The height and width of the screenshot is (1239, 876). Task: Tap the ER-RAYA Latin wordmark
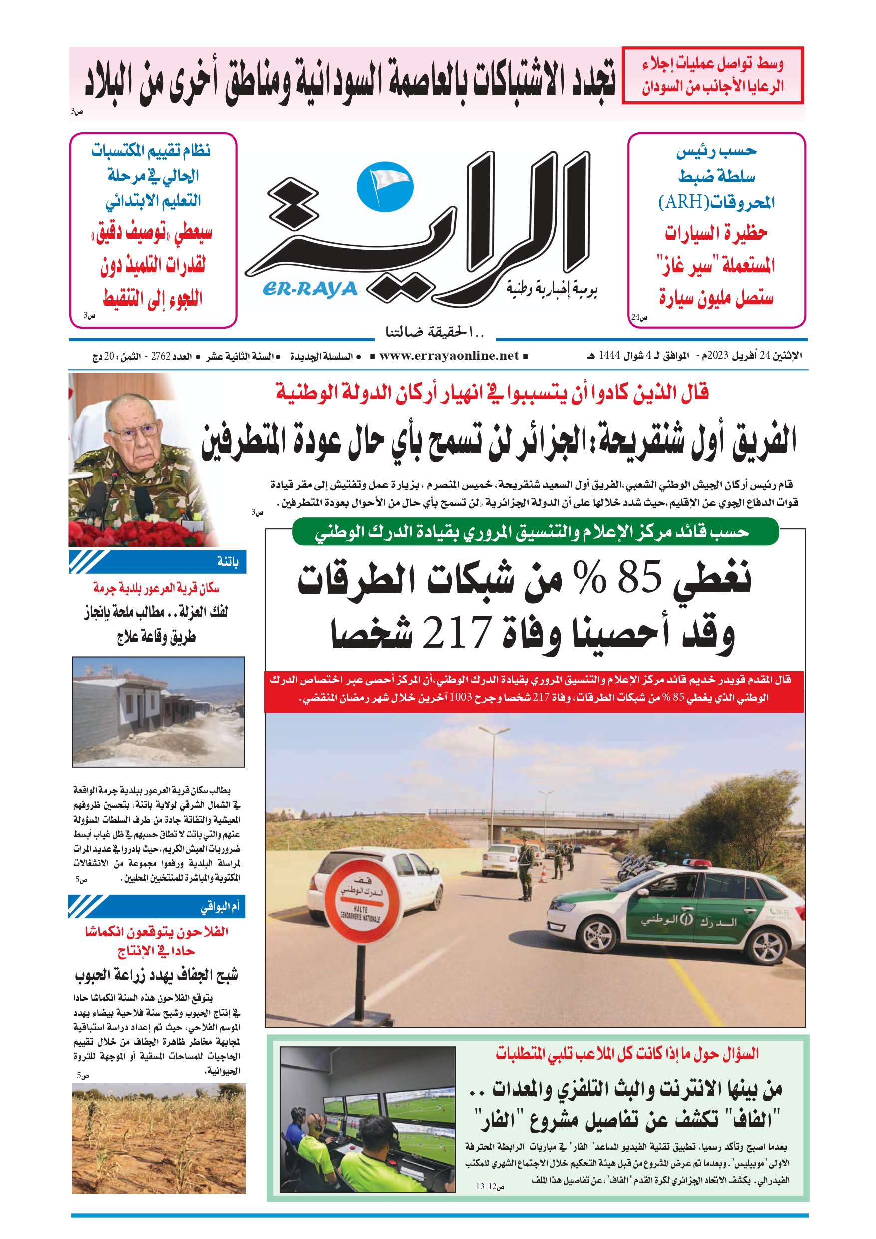point(310,289)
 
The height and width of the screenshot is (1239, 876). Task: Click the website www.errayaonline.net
point(449,356)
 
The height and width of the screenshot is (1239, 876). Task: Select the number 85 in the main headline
point(639,577)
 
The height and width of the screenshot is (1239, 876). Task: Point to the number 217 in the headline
point(456,632)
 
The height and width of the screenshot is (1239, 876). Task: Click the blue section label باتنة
point(227,562)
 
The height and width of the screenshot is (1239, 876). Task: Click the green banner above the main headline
point(535,532)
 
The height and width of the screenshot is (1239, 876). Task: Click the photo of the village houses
point(158,712)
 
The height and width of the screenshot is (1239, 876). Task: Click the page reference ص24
point(639,318)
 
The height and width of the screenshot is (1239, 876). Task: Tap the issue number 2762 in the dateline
point(161,357)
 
